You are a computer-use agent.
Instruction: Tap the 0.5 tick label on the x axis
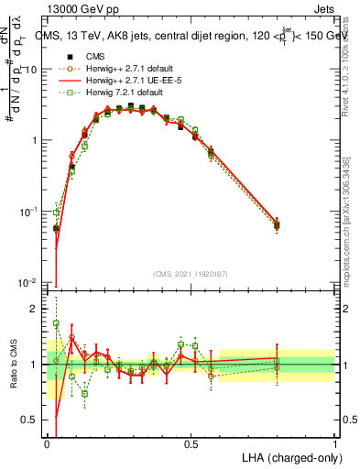point(191,443)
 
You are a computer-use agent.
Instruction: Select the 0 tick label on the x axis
point(47,443)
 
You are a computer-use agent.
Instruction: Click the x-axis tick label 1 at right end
point(334,443)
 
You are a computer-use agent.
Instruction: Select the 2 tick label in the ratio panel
point(37,309)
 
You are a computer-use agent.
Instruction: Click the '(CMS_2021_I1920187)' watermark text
point(190,273)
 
